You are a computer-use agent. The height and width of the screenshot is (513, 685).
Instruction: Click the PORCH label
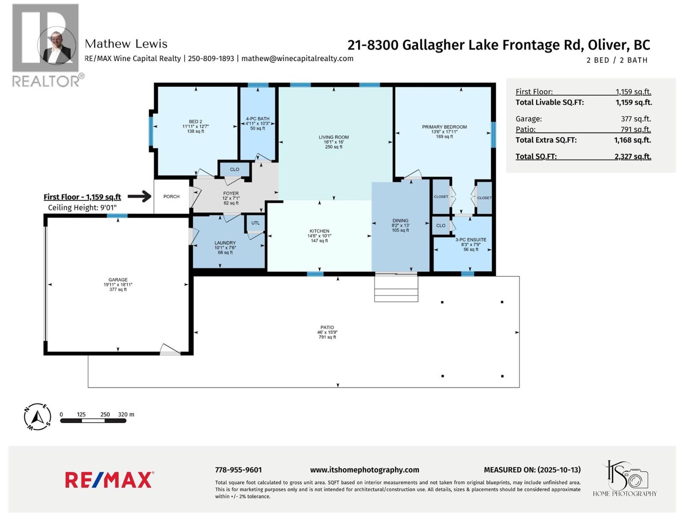(171, 197)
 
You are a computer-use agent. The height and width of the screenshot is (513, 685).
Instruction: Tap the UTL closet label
(256, 223)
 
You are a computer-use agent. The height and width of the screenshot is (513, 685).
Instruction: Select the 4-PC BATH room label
(258, 119)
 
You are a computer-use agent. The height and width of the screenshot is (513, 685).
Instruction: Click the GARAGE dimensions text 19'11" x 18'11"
(118, 285)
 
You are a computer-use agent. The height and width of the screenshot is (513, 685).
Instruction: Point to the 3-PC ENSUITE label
(471, 240)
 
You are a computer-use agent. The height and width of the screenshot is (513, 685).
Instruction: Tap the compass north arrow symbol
(38, 416)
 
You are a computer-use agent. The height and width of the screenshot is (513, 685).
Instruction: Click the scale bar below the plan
(93, 421)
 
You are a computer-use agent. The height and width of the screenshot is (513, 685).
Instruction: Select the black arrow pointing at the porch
(140, 197)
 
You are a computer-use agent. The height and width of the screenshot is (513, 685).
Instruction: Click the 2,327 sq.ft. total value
(632, 156)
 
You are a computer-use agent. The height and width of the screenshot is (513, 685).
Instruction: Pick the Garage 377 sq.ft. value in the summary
(635, 119)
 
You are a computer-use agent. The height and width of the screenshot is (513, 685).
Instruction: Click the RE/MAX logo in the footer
(109, 480)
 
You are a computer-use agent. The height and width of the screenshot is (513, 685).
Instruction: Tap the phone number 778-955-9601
(238, 470)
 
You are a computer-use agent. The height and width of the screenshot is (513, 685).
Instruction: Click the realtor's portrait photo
(56, 45)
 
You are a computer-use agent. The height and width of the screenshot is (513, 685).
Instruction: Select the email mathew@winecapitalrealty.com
(297, 59)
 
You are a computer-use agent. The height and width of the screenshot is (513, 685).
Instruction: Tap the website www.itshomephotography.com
(364, 470)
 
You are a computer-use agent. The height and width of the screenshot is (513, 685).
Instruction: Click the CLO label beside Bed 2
(235, 169)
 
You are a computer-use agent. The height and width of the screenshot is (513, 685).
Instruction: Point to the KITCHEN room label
(319, 231)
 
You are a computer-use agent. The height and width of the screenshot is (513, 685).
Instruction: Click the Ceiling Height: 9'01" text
(82, 208)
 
